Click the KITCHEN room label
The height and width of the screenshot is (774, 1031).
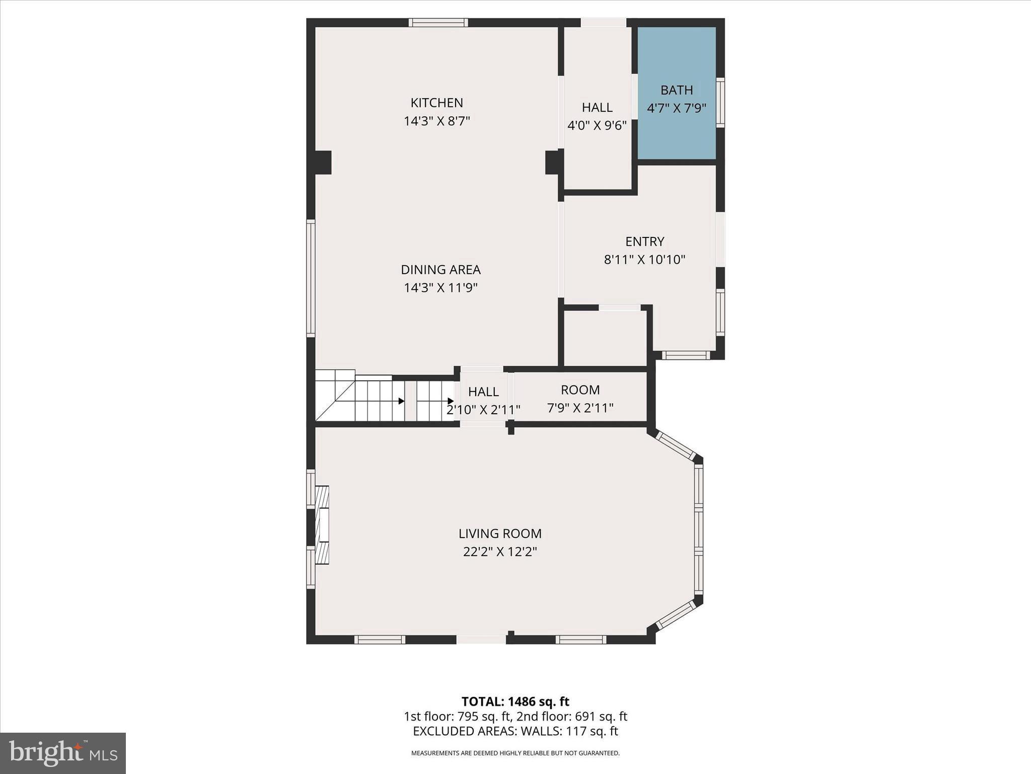point(436,103)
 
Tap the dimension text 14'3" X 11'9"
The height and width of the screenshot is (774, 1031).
point(440,288)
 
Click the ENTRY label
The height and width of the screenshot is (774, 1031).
point(644,241)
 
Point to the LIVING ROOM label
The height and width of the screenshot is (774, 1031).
point(500,533)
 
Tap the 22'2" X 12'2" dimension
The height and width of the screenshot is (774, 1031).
point(500,552)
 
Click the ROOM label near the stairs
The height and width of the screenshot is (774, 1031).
point(580,390)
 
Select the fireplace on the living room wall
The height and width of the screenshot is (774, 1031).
point(322,524)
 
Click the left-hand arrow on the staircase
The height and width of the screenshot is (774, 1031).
point(401,401)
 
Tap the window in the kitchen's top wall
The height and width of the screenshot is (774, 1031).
point(438,22)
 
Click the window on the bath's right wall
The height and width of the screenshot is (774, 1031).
point(720,102)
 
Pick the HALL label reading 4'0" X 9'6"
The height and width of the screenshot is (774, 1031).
point(597,116)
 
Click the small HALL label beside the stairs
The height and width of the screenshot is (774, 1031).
point(483,392)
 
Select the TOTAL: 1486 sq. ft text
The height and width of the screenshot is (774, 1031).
point(515,701)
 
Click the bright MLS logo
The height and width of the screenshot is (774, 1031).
point(62,753)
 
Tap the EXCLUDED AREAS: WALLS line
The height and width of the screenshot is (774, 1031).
point(515,731)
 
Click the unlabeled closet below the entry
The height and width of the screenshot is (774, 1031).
point(605,338)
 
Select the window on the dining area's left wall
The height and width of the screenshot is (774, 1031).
point(311,278)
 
